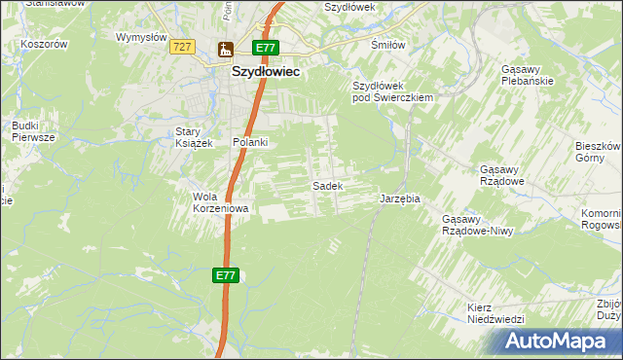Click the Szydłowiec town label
coord(266,71)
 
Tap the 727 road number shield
coord(180,47)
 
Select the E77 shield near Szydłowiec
coord(266,48)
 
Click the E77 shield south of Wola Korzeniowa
coord(226,276)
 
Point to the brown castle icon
coord(226,49)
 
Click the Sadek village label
coord(326,185)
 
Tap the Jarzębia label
coord(399,198)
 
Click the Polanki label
coord(249,142)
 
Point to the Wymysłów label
coord(137,37)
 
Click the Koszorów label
coord(46,44)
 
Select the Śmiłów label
coord(389,45)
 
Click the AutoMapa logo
coord(560,342)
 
